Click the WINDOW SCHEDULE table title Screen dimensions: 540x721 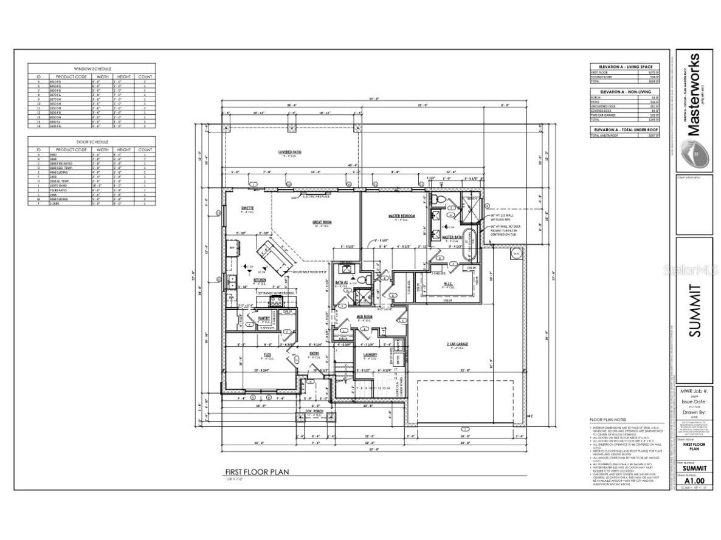(92, 69)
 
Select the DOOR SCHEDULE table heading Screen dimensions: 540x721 (92, 142)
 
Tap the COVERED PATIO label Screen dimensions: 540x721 (290, 152)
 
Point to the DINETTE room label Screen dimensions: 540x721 (247, 208)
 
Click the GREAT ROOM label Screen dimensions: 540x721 (322, 222)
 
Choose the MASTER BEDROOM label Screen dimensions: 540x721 (401, 216)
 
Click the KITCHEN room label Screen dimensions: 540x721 (260, 281)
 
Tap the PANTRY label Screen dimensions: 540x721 (263, 318)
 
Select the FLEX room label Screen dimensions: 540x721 (267, 354)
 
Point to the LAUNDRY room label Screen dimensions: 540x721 (370, 355)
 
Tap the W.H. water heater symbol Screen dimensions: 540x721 (516, 253)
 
